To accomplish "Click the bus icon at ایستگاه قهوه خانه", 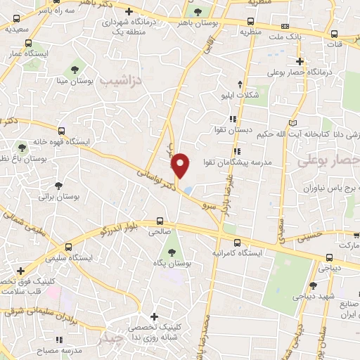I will pyautogui.click(x=62, y=131).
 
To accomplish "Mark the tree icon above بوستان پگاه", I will pyautogui.click(x=172, y=250).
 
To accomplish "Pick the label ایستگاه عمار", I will pyautogui.click(x=26, y=53).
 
